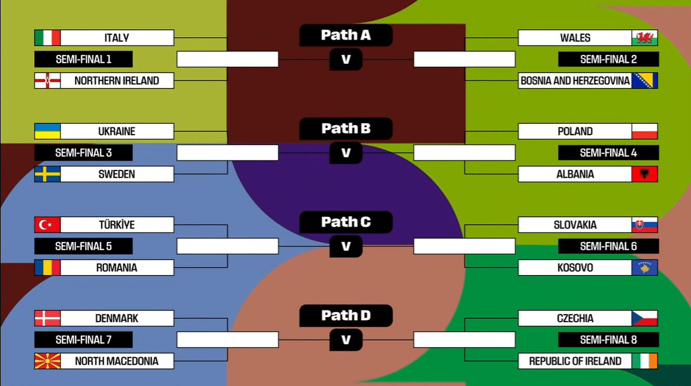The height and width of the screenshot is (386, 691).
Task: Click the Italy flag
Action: click(47, 38)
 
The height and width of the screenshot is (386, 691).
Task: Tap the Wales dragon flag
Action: click(644, 38)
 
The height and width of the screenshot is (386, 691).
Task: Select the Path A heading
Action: click(346, 35)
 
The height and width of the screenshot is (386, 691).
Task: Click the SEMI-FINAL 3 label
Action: click(83, 153)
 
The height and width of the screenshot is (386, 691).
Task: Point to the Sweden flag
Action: click(47, 174)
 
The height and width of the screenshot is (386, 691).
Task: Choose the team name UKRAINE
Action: click(116, 131)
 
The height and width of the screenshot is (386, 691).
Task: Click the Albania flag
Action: click(644, 174)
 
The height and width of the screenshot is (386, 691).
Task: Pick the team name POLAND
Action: click(575, 131)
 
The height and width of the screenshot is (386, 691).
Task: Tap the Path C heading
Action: click(346, 223)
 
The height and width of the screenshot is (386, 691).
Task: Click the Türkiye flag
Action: click(47, 225)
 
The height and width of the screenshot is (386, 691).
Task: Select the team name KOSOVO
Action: click(575, 267)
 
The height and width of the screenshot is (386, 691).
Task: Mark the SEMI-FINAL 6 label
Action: click(608, 246)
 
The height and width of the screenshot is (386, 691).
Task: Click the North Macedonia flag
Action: click(47, 361)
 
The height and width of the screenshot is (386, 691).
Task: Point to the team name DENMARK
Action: click(116, 318)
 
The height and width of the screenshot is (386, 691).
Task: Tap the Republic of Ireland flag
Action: click(644, 361)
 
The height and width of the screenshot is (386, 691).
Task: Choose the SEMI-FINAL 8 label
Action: click(608, 339)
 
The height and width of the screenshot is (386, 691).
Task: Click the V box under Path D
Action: click(346, 339)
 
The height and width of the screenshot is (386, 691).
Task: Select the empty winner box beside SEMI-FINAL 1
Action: click(228, 59)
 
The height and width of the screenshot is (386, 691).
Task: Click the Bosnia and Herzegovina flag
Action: click(644, 80)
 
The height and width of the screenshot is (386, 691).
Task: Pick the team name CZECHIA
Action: click(575, 318)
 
